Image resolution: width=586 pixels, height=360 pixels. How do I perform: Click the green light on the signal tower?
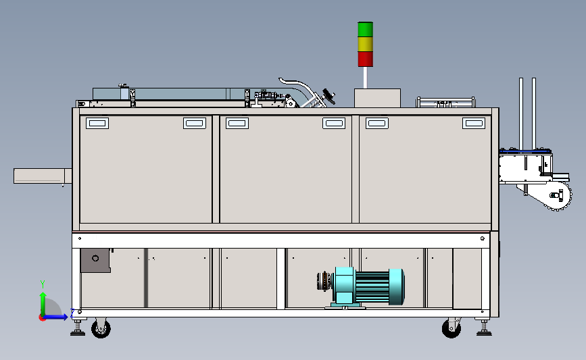point(365,29)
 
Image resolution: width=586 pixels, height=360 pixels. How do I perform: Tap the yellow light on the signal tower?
point(365,44)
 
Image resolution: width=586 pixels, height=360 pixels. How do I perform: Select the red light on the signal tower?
point(365,59)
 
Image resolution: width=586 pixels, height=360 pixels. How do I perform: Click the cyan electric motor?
point(364,287)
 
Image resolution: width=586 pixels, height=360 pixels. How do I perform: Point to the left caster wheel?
point(101,329)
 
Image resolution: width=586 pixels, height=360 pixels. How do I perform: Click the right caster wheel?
point(451,328)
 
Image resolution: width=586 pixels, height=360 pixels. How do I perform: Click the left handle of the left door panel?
point(97,123)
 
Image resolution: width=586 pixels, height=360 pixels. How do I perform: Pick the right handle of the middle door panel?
point(334,123)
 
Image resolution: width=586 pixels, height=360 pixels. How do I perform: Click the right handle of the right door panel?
point(474,123)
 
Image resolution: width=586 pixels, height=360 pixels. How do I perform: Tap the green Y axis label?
point(43,284)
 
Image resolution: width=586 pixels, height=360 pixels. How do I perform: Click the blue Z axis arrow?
point(55,317)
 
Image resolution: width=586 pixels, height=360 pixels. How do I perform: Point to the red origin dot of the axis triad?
point(43,317)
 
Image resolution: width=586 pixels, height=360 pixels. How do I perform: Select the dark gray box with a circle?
point(96,260)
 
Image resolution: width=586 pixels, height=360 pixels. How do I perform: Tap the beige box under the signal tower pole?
point(377,98)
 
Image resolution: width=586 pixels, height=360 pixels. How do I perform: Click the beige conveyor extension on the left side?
point(43,176)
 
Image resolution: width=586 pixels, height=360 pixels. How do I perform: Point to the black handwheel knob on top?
point(329,97)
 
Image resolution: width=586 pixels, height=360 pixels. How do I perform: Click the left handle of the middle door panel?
point(237,123)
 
